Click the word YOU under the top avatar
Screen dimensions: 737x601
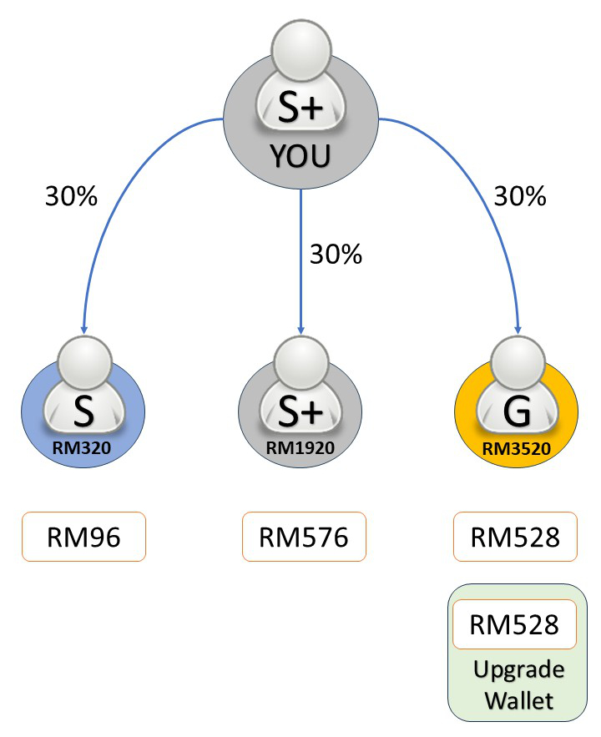[300, 156]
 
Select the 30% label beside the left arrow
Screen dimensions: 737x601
[71, 197]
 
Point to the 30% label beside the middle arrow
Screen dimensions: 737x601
[336, 254]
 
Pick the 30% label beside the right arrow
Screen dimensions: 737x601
[519, 197]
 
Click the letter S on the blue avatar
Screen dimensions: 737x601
[83, 411]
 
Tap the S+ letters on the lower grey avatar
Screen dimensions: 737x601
[300, 411]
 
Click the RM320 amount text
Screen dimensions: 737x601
[83, 447]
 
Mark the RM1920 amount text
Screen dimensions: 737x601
[300, 447]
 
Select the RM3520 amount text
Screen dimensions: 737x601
[515, 447]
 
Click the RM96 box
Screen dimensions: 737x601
[83, 537]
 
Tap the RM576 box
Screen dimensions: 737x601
[303, 537]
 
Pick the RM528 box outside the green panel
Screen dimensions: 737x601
[515, 537]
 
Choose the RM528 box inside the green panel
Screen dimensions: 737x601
[515, 623]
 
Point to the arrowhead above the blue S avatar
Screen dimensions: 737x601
[83, 328]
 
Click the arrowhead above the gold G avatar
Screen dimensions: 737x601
[518, 328]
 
